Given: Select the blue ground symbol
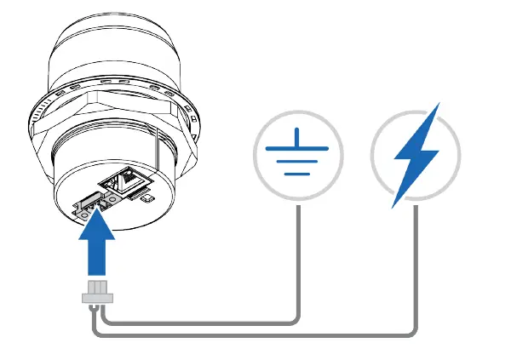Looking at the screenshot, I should click(x=298, y=154).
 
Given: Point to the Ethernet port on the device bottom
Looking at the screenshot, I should click(x=121, y=180).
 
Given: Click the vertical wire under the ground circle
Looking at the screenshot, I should click(x=298, y=255).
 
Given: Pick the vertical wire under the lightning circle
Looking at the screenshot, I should click(x=416, y=264).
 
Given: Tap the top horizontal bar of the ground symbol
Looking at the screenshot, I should click(x=298, y=147).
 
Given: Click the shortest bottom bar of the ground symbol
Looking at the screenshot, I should click(x=298, y=174).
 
